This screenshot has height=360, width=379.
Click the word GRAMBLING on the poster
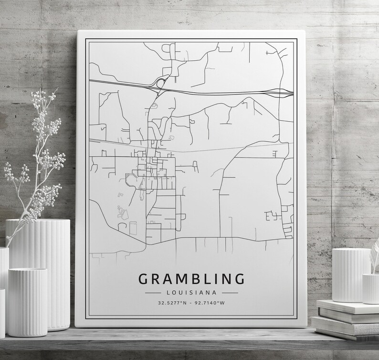(x=191, y=278)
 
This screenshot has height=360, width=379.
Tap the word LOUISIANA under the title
(x=191, y=292)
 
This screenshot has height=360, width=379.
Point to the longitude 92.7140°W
(x=211, y=303)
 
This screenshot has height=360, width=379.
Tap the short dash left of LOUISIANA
(x=154, y=292)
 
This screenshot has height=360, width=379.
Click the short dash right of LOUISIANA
(x=230, y=292)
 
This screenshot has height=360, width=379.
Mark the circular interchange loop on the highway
(x=159, y=84)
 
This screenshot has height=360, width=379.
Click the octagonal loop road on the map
(x=131, y=180)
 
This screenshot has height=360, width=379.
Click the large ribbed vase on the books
(x=351, y=275)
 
